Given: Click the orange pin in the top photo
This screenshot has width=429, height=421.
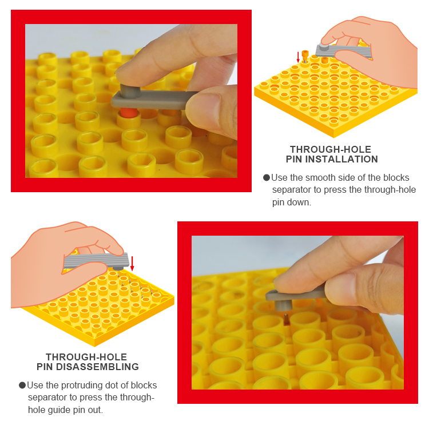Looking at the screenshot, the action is pyautogui.click(x=128, y=113).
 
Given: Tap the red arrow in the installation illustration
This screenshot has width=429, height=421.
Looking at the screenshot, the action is pyautogui.click(x=298, y=57).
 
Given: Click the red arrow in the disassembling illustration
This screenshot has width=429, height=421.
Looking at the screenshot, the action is pyautogui.click(x=133, y=264).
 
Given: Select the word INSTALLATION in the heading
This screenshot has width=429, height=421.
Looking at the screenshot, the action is pyautogui.click(x=341, y=159).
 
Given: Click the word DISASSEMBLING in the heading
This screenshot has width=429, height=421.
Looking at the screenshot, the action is pyautogui.click(x=98, y=367).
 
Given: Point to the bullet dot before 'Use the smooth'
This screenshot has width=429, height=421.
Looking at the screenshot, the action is pyautogui.click(x=267, y=178).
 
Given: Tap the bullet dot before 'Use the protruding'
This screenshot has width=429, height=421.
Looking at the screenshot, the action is pyautogui.click(x=22, y=386).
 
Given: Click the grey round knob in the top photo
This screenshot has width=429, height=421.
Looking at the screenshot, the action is pyautogui.click(x=130, y=90).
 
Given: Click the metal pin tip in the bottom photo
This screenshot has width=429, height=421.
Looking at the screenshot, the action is pyautogui.click(x=286, y=317).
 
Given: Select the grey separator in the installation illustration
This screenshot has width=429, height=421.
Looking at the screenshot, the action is pyautogui.click(x=344, y=51).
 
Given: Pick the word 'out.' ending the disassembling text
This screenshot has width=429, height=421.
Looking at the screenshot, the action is pyautogui.click(x=95, y=410).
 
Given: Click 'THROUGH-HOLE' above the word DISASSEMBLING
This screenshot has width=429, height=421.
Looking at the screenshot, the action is pyautogui.click(x=86, y=357).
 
